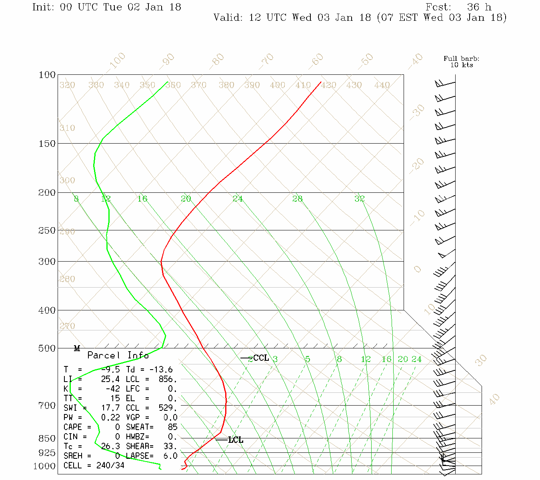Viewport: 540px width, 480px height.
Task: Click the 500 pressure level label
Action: tap(47, 348)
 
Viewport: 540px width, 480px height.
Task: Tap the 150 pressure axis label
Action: tap(47, 143)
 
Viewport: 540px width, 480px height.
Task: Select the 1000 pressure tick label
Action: tap(44, 466)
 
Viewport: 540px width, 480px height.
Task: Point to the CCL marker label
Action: tap(261, 358)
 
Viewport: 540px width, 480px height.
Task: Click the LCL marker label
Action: tap(236, 440)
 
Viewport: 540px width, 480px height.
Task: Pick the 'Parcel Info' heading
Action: tap(118, 355)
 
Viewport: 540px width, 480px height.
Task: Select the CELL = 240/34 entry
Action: tap(94, 466)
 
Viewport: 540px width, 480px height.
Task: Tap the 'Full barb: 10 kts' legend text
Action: tap(462, 62)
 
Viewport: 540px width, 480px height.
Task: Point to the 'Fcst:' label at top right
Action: tap(438, 7)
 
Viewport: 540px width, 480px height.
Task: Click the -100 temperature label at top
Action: tap(117, 61)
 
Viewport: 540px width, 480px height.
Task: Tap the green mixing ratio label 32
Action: tap(359, 198)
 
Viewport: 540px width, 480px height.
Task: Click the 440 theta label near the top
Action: tap(382, 85)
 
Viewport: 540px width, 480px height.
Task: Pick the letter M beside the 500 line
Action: tap(77, 349)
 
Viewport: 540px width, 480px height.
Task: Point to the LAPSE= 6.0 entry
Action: tap(152, 456)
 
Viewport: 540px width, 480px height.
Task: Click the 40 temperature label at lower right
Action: tap(494, 399)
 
